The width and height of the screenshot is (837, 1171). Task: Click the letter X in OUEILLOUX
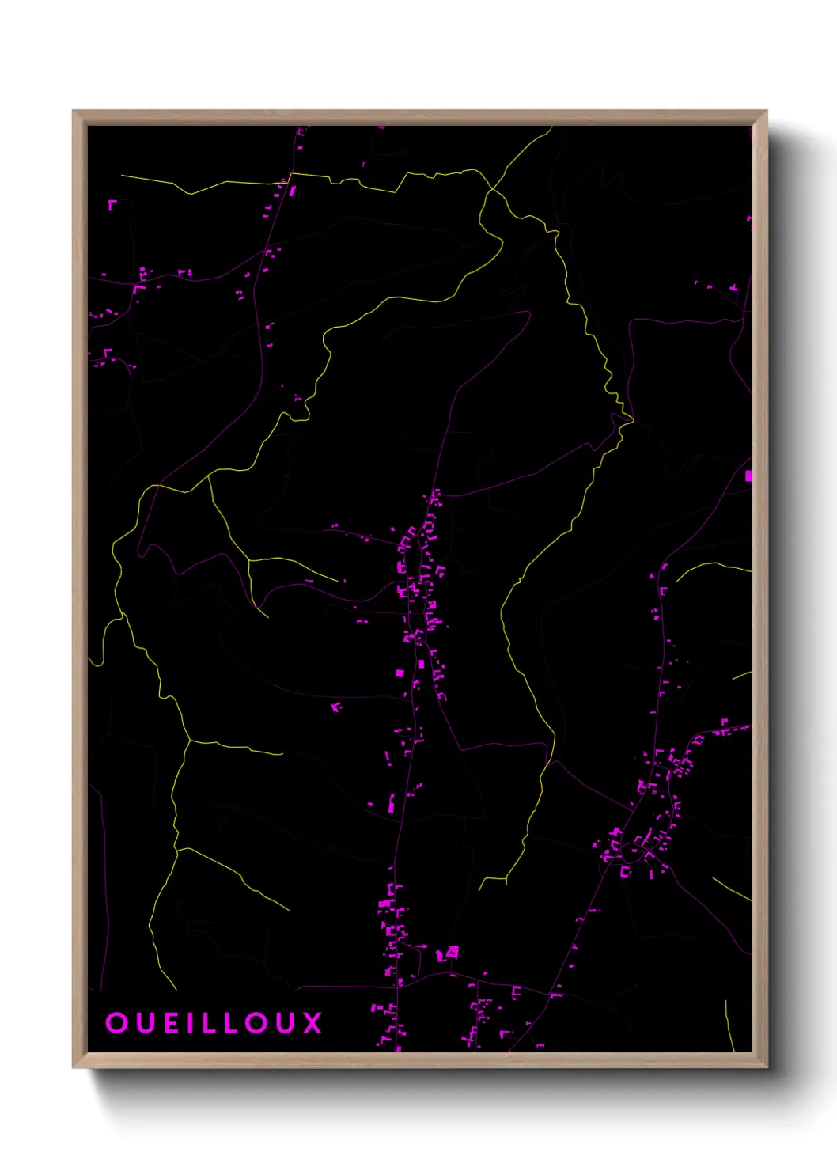point(313,1023)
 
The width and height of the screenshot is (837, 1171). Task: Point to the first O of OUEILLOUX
point(116,1023)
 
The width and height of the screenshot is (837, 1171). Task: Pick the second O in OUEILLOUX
point(258,1023)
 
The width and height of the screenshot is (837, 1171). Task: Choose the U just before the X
point(287,1023)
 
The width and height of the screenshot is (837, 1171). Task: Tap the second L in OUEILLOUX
point(232,1023)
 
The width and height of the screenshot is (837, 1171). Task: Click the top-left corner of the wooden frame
point(74,112)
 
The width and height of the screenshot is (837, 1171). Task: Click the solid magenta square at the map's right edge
point(748,476)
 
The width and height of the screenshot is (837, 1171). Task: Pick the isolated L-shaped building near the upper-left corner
point(112,204)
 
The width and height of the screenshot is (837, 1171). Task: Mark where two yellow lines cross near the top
point(491,189)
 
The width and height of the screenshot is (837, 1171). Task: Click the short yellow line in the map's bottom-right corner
point(729,1025)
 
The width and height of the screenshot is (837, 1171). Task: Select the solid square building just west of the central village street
point(400,673)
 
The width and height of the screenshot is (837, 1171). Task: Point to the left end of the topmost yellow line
point(122,176)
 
